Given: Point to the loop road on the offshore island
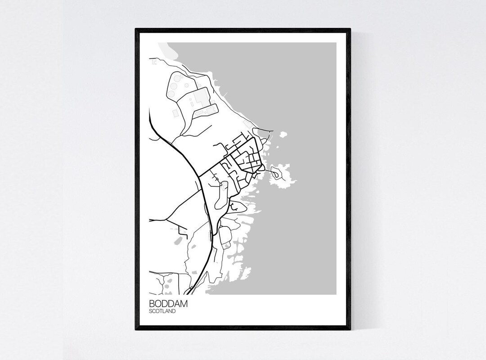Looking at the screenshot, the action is tap(275, 171).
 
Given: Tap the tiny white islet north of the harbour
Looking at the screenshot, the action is tap(283, 134).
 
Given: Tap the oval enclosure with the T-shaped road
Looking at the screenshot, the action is tap(237, 207).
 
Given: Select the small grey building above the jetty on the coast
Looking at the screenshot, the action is tap(247, 122).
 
